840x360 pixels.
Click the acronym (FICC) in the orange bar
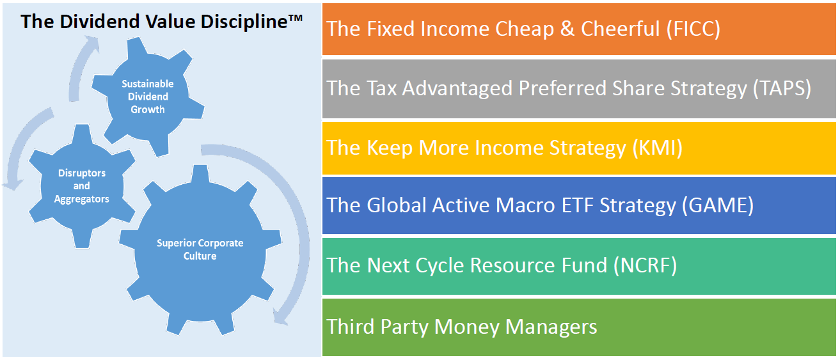(693, 29)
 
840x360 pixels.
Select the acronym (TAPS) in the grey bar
(782, 88)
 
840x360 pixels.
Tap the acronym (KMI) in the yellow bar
(658, 148)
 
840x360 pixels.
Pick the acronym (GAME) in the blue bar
(718, 205)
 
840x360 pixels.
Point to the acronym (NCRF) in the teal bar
(646, 265)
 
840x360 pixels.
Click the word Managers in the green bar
(551, 327)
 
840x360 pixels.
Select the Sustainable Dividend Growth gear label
(148, 97)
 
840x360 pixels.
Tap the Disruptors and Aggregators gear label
(82, 185)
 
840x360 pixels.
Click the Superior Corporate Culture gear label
(200, 249)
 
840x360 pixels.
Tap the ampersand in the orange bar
(567, 29)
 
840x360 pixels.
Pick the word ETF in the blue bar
(577, 205)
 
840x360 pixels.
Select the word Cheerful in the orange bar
(621, 29)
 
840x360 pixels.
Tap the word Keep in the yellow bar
(390, 148)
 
